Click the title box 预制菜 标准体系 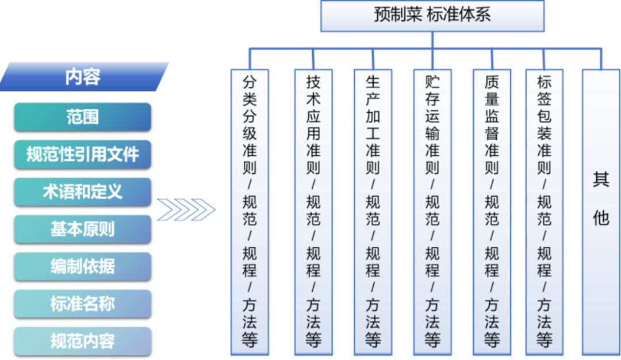[x=432, y=16]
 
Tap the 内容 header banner [x=83, y=76]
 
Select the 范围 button [x=83, y=117]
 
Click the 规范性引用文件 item [x=83, y=154]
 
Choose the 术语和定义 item [x=83, y=192]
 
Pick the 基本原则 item [x=83, y=229]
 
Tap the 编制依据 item [x=83, y=266]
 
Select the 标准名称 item [x=83, y=304]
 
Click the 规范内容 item [x=83, y=341]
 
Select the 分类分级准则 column [x=250, y=212]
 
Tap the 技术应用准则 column [x=313, y=212]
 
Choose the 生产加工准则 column [x=373, y=212]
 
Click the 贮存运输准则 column [x=432, y=212]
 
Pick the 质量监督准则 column [x=492, y=212]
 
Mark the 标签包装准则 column [x=545, y=212]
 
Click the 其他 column [x=600, y=212]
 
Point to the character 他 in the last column [x=600, y=217]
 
